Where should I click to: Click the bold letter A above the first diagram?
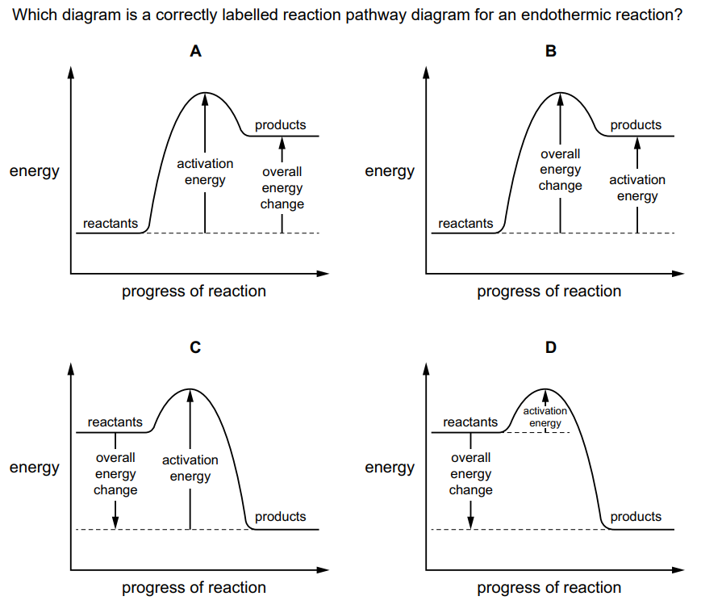pos(195,52)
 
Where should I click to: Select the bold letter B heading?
pos(551,52)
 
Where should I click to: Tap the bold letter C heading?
pos(195,348)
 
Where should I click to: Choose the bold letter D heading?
pos(551,348)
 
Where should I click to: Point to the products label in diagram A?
pos(281,125)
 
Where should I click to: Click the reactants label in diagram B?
pos(465,223)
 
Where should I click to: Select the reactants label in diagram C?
pos(115,422)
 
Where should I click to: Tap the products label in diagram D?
pos(636,517)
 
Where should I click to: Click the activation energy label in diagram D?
pos(545,417)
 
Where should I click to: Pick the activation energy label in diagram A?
pos(205,171)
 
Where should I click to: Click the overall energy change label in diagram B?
pos(560,170)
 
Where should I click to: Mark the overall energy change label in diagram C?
pos(115,473)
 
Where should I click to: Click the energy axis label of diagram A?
pos(34,171)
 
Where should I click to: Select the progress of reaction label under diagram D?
pos(549,588)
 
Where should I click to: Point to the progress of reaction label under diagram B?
pos(549,292)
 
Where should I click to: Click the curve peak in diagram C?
pos(190,389)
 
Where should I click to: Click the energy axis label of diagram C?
pos(34,468)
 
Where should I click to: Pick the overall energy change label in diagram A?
pos(282,187)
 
